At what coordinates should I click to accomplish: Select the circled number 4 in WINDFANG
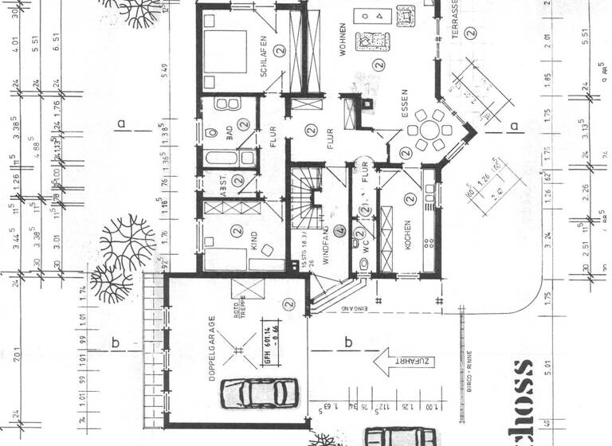(339, 233)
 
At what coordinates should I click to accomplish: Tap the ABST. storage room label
(214, 185)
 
